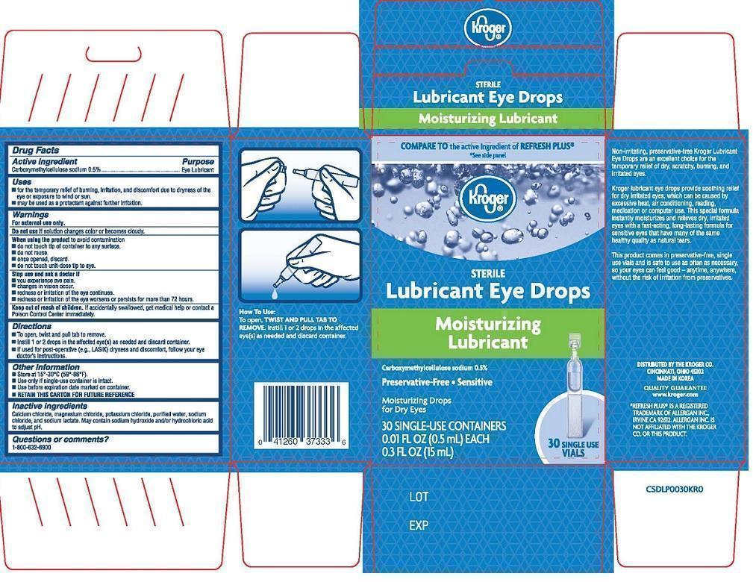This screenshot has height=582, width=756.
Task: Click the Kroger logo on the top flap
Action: tap(489, 29)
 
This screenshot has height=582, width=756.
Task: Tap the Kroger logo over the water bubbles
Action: tap(489, 198)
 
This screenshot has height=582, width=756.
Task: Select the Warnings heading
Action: tap(31, 215)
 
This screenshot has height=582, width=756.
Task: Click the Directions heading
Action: tap(32, 327)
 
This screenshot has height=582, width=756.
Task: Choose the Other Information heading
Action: tap(46, 367)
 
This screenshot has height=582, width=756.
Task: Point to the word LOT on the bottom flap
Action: tap(419, 496)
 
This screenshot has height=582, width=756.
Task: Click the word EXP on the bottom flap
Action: tap(419, 525)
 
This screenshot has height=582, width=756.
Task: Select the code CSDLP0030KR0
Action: tap(675, 489)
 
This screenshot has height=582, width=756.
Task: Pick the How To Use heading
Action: tap(258, 311)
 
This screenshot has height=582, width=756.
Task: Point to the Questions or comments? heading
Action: tap(60, 439)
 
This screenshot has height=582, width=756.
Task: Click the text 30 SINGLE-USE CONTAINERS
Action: tap(444, 426)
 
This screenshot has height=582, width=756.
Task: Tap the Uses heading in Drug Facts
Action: tap(22, 181)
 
